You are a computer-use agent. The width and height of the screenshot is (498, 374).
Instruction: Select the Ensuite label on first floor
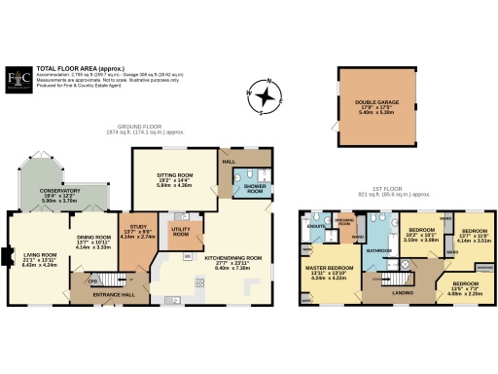click(315, 226)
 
